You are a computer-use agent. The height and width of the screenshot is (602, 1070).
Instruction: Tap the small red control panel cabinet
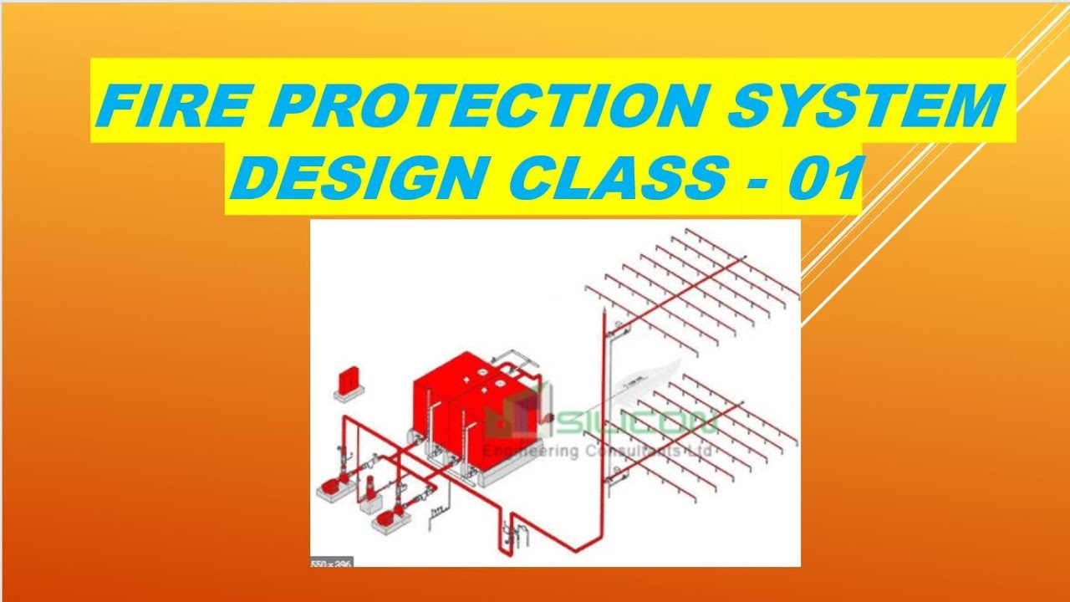click(345, 379)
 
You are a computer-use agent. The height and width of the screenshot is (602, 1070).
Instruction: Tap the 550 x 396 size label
click(331, 562)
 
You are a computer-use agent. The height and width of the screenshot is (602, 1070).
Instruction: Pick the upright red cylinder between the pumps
click(371, 488)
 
